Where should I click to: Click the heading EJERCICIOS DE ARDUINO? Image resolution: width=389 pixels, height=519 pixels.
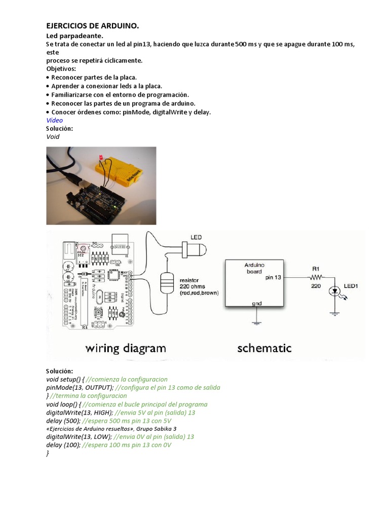pos(92,25)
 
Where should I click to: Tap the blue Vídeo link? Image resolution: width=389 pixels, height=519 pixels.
pos(54,120)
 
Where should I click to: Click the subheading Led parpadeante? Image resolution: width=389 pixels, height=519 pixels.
pos(74,36)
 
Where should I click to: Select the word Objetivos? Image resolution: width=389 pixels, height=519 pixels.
pos(61,68)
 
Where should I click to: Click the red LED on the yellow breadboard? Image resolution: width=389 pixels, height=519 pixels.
pos(101,159)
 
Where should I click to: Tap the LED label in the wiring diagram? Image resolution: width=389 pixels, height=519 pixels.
pos(196,237)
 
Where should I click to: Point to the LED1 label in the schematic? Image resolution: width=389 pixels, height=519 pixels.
pos(351,286)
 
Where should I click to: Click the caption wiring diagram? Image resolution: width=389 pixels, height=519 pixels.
pos(125,348)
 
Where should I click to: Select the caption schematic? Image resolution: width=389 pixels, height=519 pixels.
pos(264,348)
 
